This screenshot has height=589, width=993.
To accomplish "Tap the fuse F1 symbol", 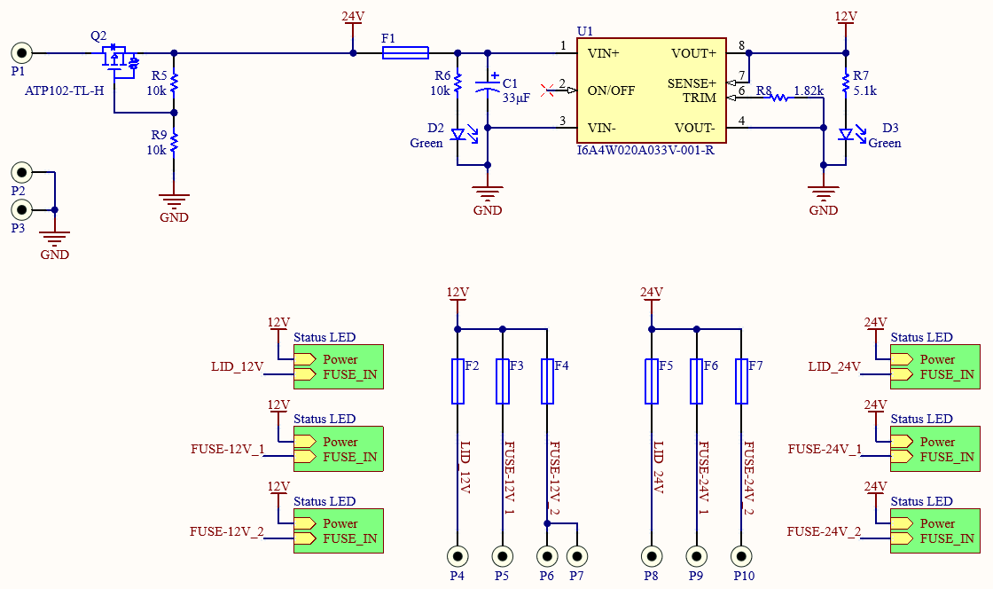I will tap(405, 53).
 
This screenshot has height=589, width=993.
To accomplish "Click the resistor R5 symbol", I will tap(174, 82).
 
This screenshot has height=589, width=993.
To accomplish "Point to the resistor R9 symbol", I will tap(174, 142).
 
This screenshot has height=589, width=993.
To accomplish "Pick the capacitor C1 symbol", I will tap(488, 88).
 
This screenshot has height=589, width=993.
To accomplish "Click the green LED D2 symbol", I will tap(458, 135).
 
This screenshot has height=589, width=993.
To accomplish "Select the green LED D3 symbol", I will tap(846, 135).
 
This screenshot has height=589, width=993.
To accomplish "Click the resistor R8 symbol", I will tap(779, 98).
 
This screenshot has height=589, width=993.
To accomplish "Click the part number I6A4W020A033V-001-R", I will tap(645, 151).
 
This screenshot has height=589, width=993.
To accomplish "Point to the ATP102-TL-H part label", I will tap(65, 90).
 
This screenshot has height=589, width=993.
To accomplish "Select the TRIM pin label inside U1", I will tap(700, 98).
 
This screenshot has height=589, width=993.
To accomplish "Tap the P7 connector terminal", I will tap(577, 556).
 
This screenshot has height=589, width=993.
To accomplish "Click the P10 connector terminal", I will tap(741, 556).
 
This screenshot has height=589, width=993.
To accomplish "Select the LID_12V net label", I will tap(238, 366).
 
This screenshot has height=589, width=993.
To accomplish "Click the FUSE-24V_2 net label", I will tap(824, 531).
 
